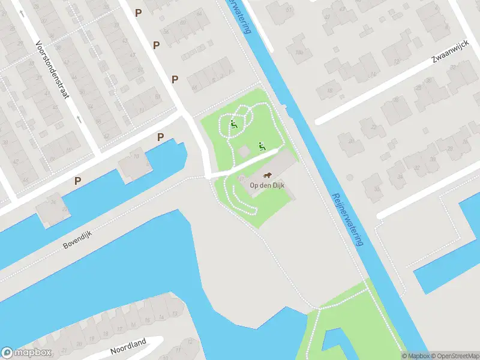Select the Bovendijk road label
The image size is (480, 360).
click(x=80, y=237)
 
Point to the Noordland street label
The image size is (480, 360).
click(x=128, y=347)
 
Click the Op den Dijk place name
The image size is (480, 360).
click(x=266, y=185)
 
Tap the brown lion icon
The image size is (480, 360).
click(x=268, y=176)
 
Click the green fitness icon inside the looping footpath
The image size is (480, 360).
click(x=233, y=125)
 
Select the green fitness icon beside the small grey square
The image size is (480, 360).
click(x=261, y=146)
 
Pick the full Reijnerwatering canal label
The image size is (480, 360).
click(x=348, y=219)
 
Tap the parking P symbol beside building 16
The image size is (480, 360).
click(x=160, y=137)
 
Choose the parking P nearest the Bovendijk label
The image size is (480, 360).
click(x=77, y=181)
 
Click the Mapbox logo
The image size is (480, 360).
click(x=26, y=353)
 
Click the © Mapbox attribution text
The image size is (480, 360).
click(x=416, y=356)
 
